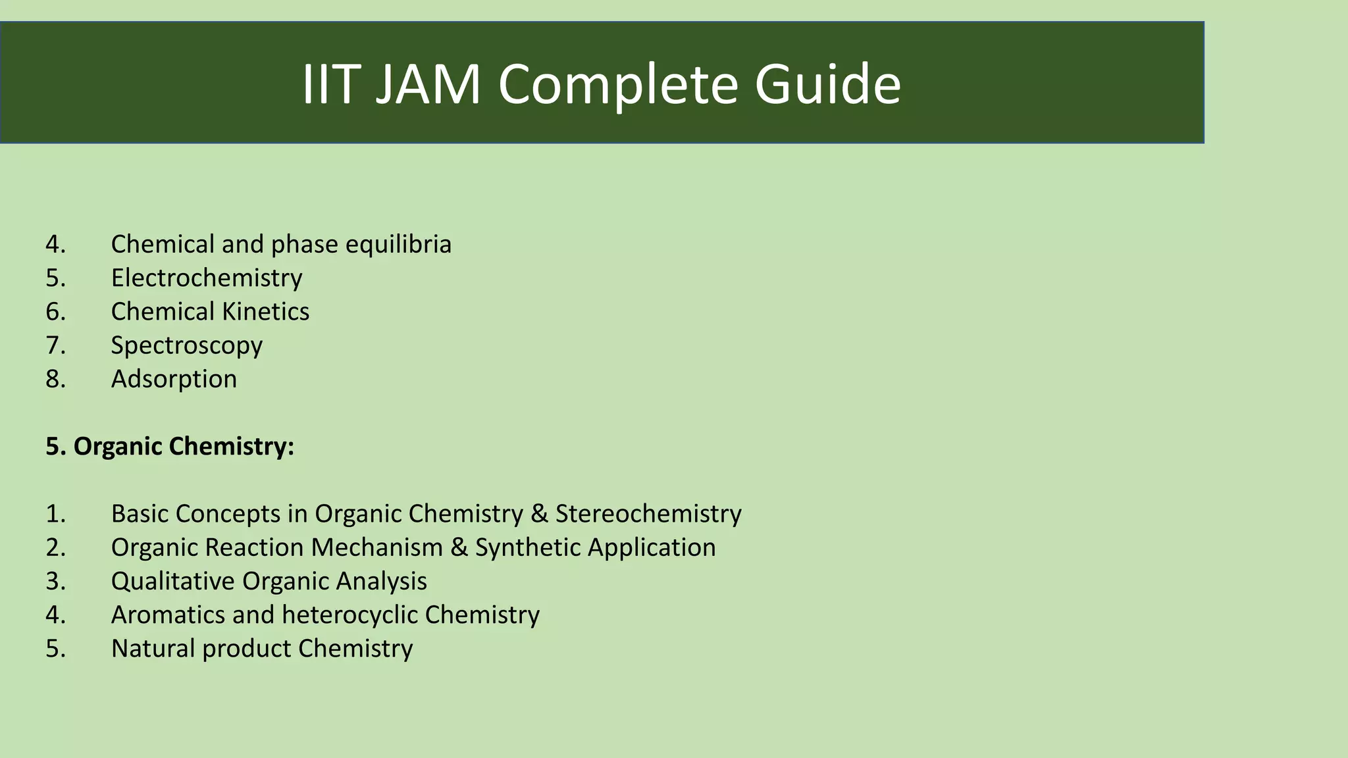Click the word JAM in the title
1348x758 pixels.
tap(428, 84)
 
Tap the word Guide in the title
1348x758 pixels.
tap(827, 84)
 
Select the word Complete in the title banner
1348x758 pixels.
tap(618, 84)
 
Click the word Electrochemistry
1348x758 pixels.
tap(206, 278)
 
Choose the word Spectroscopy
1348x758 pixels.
tap(186, 345)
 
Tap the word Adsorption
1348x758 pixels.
tap(174, 379)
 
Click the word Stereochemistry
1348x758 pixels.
tap(648, 514)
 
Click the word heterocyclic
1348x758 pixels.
tap(349, 615)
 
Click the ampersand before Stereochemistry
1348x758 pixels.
tap(539, 514)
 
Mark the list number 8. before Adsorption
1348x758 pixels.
tap(56, 379)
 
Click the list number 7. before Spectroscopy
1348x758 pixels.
tap(56, 345)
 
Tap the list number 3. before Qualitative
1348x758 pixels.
tap(56, 581)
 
